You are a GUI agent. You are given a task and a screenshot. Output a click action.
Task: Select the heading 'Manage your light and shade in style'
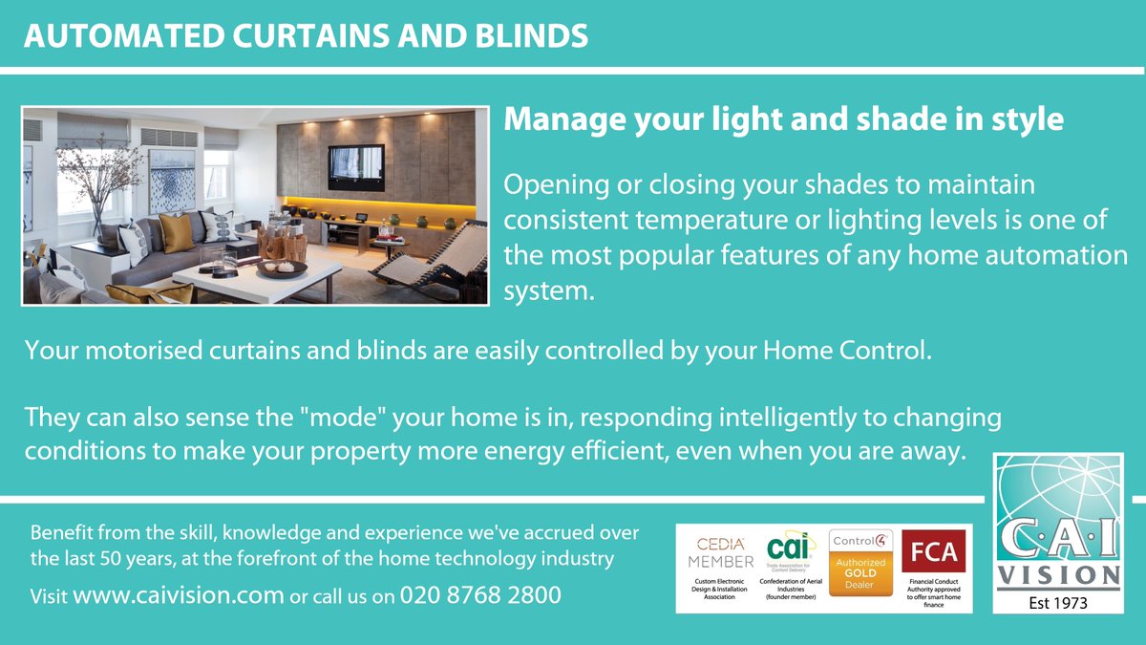point(783,120)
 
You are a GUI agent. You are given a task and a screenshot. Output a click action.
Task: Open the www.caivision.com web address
point(179,595)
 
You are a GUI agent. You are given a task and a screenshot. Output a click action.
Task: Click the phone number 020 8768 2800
point(480,595)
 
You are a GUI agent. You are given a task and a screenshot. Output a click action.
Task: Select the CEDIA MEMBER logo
point(721,552)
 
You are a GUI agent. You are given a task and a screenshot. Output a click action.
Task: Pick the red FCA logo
point(935,551)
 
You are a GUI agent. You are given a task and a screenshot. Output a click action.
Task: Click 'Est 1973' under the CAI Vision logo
point(1058,603)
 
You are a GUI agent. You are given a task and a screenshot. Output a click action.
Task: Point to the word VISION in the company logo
point(1058,574)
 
